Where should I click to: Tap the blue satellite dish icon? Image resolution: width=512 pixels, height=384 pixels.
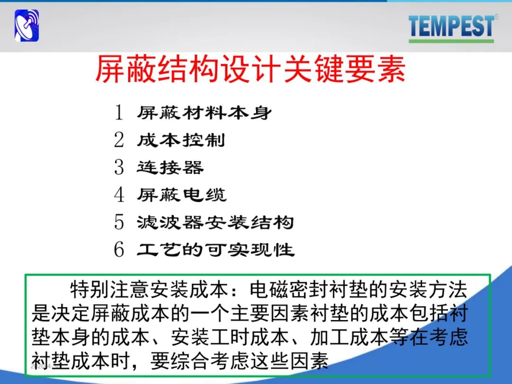click(27, 26)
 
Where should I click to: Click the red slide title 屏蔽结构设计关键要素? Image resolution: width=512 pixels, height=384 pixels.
click(250, 69)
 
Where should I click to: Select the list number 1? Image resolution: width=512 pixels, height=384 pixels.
click(119, 113)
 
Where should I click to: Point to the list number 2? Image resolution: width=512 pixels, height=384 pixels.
click(119, 140)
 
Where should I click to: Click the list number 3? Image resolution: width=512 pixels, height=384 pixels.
click(119, 167)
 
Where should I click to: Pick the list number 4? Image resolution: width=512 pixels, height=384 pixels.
click(119, 195)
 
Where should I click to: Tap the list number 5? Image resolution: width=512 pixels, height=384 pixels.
click(119, 222)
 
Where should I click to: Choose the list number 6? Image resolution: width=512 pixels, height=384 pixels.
click(119, 249)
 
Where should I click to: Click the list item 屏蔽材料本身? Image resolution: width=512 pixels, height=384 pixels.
click(204, 113)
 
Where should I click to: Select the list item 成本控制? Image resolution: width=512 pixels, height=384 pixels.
click(181, 140)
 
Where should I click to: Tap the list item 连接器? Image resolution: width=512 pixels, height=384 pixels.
click(170, 167)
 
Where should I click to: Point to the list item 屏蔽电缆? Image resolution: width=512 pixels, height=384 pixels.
click(182, 195)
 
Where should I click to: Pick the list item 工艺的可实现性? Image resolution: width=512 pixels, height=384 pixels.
click(216, 250)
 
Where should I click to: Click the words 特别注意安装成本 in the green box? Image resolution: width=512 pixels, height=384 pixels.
click(149, 290)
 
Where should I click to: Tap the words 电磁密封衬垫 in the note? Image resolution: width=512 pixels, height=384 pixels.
click(309, 290)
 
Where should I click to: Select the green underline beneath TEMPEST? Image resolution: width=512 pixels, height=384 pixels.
click(451, 41)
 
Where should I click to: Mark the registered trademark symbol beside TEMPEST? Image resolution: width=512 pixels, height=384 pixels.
click(496, 16)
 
